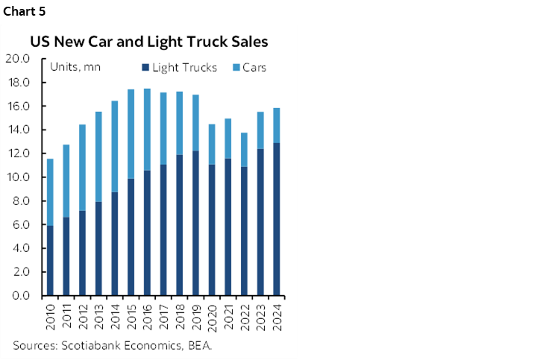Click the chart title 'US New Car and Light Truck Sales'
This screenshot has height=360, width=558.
coord(149,42)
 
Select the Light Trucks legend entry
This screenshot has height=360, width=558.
coord(179,68)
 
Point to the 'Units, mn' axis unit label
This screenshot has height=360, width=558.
coord(75,67)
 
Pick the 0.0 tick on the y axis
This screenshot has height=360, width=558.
coord(19,296)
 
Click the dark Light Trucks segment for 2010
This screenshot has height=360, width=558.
coord(50,261)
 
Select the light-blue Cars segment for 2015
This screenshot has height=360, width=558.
coord(131,134)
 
